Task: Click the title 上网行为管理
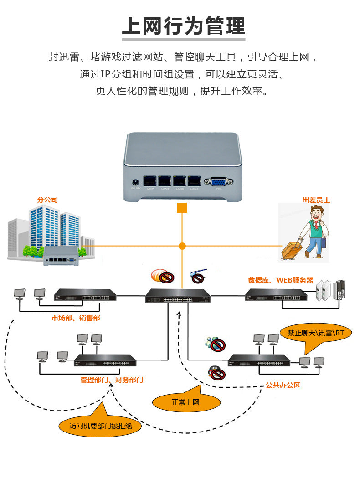pos(183,26)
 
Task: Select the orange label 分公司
pos(47,200)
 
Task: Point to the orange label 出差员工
pos(316,200)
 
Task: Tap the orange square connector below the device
pos(182,208)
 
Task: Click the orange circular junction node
pos(182,246)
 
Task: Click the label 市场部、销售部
pos(76,318)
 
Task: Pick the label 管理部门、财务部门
pos(112,380)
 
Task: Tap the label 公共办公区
pos(283,385)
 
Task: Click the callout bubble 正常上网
pos(185,402)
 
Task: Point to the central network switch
pos(178,296)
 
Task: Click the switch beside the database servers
pos(276,295)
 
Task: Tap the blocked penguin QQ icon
pos(216,373)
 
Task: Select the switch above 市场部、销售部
pos(85,294)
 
